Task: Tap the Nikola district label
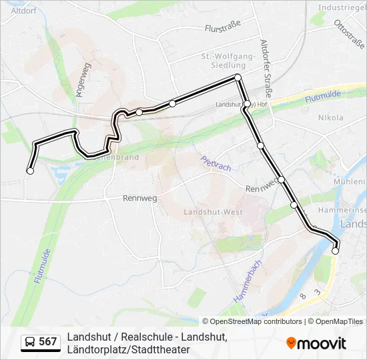click(x=331, y=117)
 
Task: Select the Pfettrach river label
click(x=216, y=163)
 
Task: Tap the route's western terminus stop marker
click(x=30, y=171)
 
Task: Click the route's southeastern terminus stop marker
click(x=335, y=251)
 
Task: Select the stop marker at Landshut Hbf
click(x=247, y=105)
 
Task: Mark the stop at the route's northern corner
click(x=238, y=78)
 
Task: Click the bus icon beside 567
click(x=30, y=342)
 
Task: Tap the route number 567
click(x=48, y=342)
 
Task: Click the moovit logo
click(x=316, y=343)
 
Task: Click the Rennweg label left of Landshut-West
click(x=139, y=198)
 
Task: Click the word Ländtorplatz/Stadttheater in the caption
click(x=128, y=349)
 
